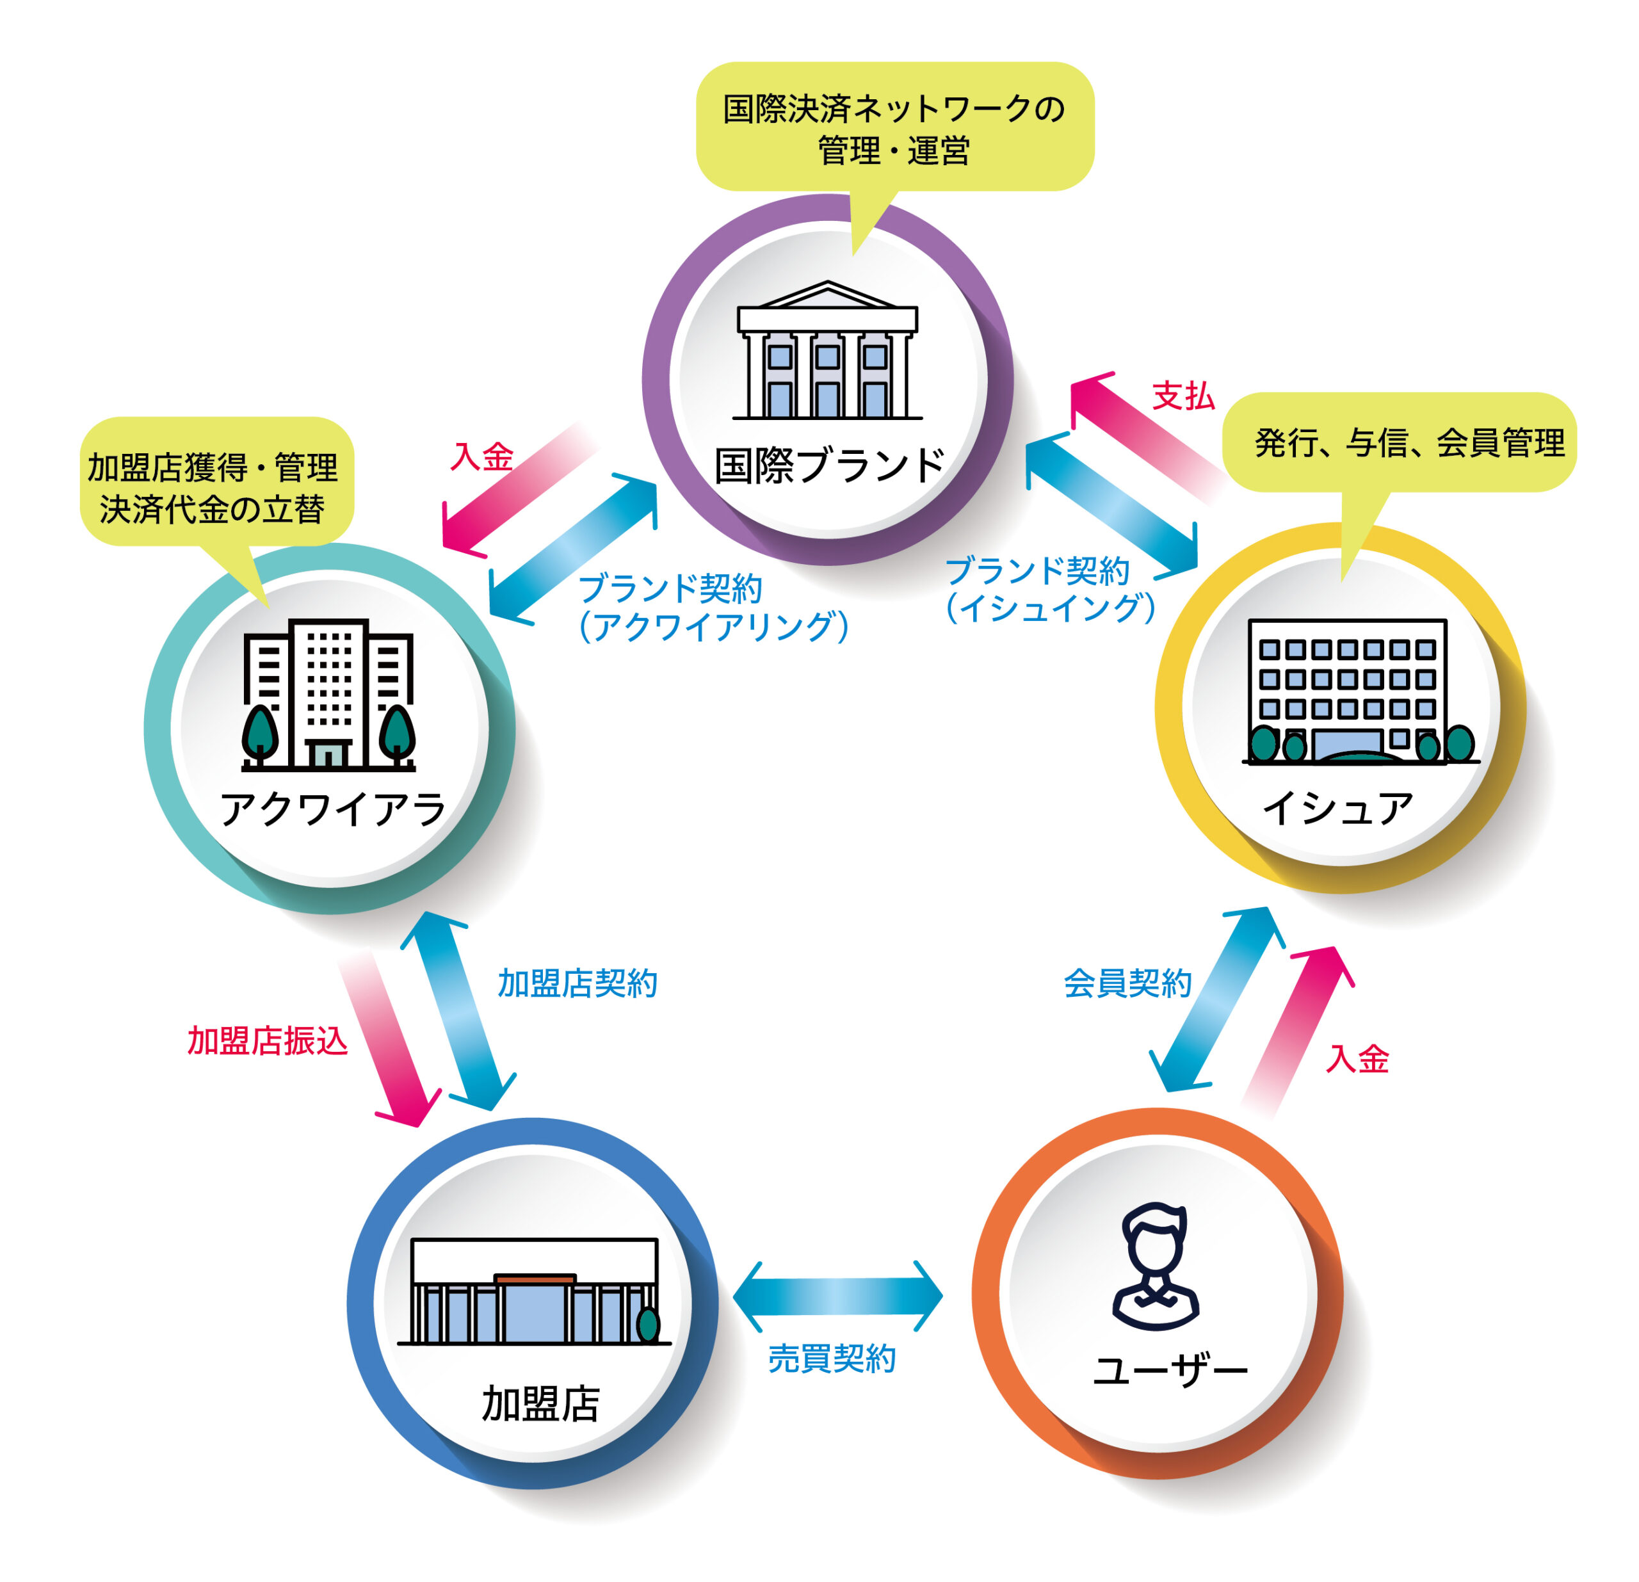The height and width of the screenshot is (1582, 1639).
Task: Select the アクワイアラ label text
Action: pyautogui.click(x=333, y=809)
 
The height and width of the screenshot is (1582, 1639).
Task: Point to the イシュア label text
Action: pyautogui.click(x=1337, y=809)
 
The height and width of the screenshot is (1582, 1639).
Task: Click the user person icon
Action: pyautogui.click(x=1156, y=1267)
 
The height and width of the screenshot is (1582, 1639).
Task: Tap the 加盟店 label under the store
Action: pyautogui.click(x=540, y=1404)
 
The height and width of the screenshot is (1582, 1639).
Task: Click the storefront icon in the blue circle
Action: pyautogui.click(x=533, y=1292)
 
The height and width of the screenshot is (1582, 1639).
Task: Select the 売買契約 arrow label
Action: pyautogui.click(x=831, y=1359)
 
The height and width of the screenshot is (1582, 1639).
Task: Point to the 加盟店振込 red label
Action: pyautogui.click(x=267, y=1041)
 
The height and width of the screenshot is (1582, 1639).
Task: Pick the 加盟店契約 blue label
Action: pyautogui.click(x=577, y=983)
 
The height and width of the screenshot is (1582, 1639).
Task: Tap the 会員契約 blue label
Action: pyautogui.click(x=1127, y=983)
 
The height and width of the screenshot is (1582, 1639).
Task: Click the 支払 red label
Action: pyautogui.click(x=1183, y=396)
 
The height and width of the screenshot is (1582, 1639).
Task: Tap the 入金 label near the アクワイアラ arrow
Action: pyautogui.click(x=481, y=456)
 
